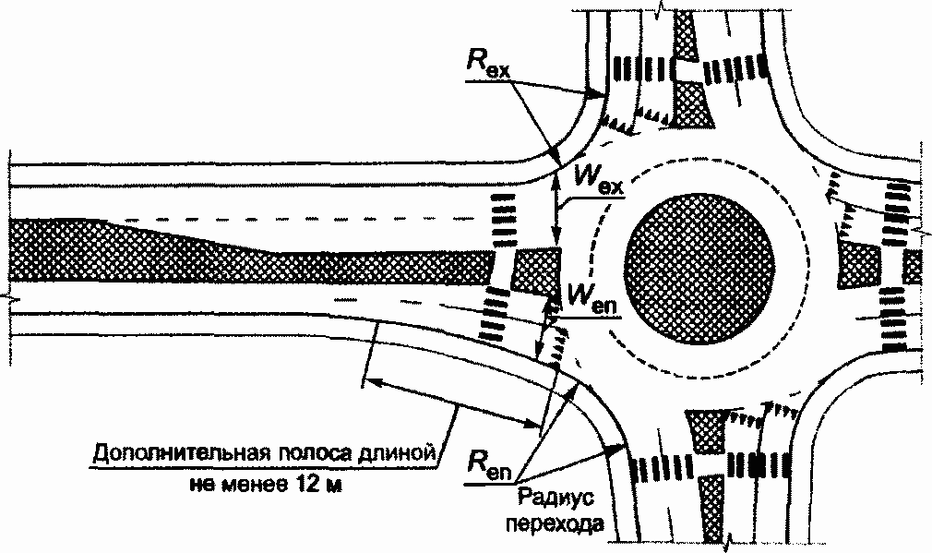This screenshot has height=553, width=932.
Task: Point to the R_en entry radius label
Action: coord(490,458)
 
